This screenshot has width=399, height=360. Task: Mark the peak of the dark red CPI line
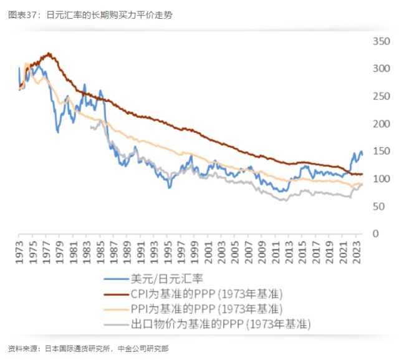(x=49, y=54)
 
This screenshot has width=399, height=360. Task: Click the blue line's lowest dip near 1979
(x=58, y=132)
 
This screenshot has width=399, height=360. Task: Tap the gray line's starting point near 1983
(x=90, y=127)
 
